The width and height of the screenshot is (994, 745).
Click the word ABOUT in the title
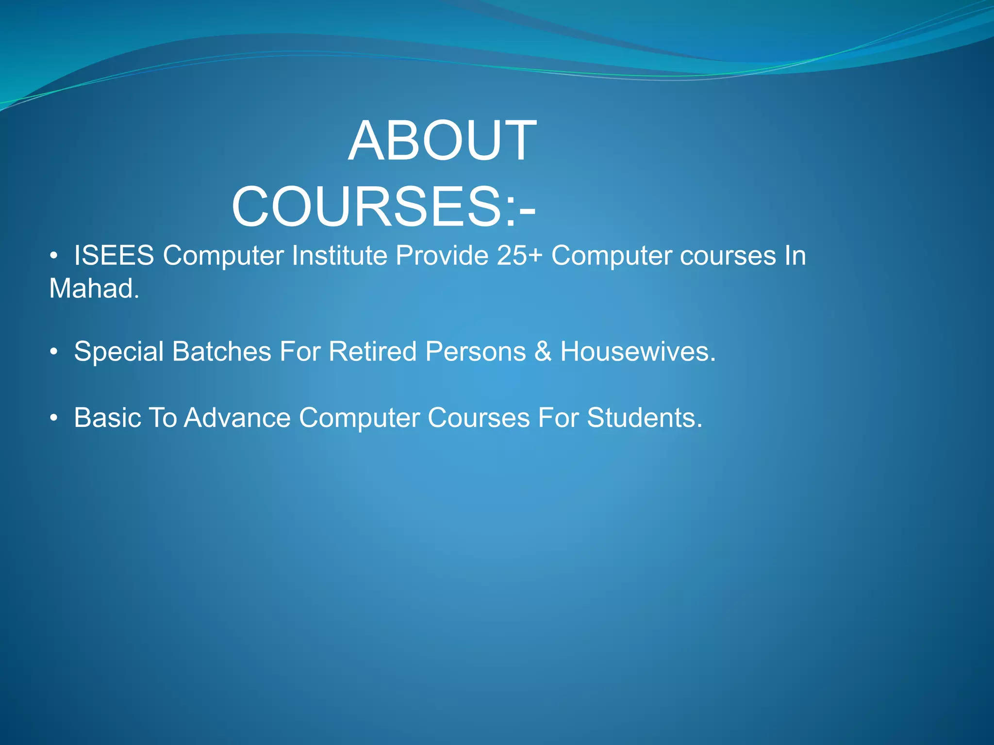pos(442,141)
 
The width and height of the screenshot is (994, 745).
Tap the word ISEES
pos(114,256)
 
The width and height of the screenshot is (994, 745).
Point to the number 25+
pos(519,256)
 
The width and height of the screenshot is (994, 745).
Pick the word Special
pos(118,352)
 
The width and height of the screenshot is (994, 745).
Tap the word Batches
pos(221,352)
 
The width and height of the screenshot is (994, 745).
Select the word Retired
pos(372,352)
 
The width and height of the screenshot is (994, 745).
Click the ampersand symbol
pos(543,352)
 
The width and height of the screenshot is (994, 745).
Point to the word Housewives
pos(637,352)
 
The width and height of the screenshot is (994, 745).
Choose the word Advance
pos(237,418)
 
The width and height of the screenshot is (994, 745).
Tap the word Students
pos(644,418)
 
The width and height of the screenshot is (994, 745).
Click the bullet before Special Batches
pos(54,352)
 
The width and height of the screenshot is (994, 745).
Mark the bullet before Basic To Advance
pos(54,418)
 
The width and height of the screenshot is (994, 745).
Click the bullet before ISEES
pos(54,256)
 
